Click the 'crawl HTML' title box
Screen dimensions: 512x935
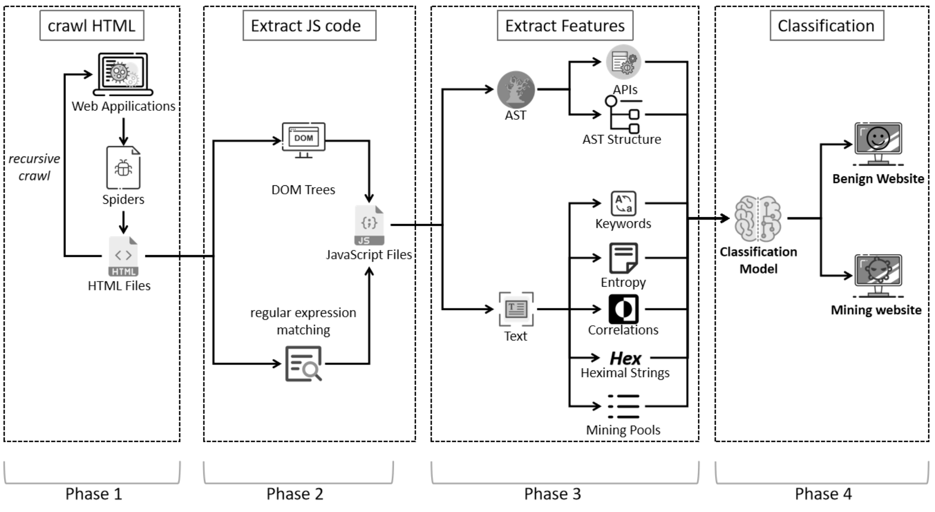[x=92, y=26]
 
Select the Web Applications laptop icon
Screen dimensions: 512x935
[x=123, y=74]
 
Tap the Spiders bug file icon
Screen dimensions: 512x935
[x=123, y=167]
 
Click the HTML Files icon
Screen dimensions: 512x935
[x=123, y=256]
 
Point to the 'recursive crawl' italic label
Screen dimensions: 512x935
[x=34, y=167]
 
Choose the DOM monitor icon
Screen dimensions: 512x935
[x=304, y=139]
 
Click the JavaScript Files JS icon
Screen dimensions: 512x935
[x=369, y=225]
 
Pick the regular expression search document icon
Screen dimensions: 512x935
[x=304, y=364]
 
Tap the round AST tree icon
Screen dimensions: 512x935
[x=516, y=90]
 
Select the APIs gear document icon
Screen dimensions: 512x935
[x=623, y=62]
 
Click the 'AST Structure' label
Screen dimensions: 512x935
[x=622, y=139]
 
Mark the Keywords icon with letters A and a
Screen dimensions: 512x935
[x=623, y=203]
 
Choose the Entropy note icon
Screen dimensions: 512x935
[x=623, y=258]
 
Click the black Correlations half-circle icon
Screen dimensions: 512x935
[x=623, y=309]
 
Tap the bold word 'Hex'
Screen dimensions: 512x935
[x=625, y=359]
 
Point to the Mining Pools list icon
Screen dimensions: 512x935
[x=624, y=406]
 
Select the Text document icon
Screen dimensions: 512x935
[x=516, y=309]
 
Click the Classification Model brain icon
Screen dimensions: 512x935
[x=758, y=219]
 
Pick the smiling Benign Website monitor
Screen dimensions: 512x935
[x=878, y=143]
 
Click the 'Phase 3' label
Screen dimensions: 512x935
[x=553, y=494]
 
